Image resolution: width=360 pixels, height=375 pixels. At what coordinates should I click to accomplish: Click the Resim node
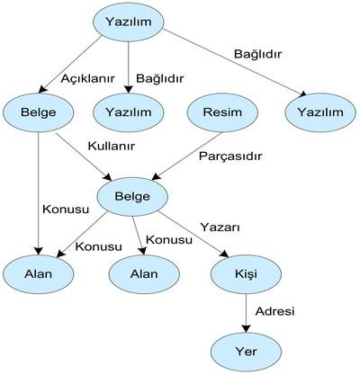coord(222,112)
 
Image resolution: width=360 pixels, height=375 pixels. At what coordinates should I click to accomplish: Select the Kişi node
coord(246,274)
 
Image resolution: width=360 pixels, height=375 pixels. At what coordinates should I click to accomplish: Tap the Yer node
coord(246,352)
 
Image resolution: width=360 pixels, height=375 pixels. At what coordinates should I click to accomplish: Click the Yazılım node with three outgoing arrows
coord(129,22)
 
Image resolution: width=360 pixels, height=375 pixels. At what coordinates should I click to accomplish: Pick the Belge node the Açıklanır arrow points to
coord(39,112)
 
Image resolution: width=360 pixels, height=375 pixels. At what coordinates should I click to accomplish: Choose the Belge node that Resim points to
coord(132,197)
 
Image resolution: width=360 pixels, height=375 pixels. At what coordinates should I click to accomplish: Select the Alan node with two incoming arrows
coord(39,274)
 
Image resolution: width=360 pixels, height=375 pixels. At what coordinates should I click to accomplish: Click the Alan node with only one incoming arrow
coord(144,274)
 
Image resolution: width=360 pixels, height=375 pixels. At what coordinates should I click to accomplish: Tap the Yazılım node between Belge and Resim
coord(129,112)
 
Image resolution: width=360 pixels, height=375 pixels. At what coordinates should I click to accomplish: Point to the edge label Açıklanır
coord(88,79)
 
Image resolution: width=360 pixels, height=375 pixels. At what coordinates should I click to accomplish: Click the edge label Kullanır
coord(112,146)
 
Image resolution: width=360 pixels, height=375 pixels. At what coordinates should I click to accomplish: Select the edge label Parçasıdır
coord(230,156)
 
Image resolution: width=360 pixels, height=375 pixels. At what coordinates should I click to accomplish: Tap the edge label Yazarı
coord(220,228)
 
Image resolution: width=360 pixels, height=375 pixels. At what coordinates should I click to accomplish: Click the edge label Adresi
coord(274,311)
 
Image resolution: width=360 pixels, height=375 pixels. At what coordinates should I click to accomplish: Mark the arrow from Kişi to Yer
coord(246,313)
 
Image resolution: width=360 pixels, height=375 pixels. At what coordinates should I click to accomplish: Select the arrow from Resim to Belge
coord(186,156)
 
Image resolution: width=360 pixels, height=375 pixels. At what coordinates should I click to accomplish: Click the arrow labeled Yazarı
coord(193,235)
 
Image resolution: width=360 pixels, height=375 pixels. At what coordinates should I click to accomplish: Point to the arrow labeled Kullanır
coord(84,156)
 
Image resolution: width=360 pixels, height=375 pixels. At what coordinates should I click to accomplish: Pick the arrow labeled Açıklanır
coord(71,65)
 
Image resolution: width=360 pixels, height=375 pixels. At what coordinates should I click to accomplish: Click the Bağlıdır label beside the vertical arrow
coord(159,78)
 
